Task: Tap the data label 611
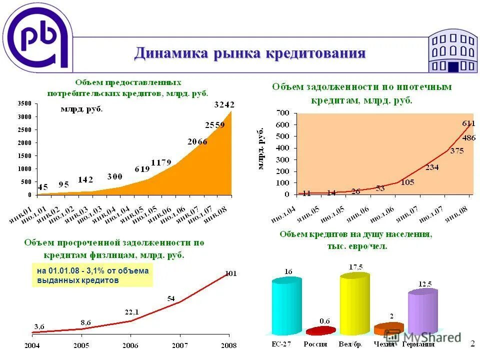pos(468,123)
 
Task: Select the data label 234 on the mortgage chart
pos(432,167)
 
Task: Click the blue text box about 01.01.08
pos(92,275)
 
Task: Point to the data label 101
pos(231,273)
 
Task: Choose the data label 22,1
pos(132,312)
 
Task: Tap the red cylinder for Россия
pos(320,331)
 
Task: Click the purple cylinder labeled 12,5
pos(422,312)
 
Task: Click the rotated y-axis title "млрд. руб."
pos(260,148)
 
